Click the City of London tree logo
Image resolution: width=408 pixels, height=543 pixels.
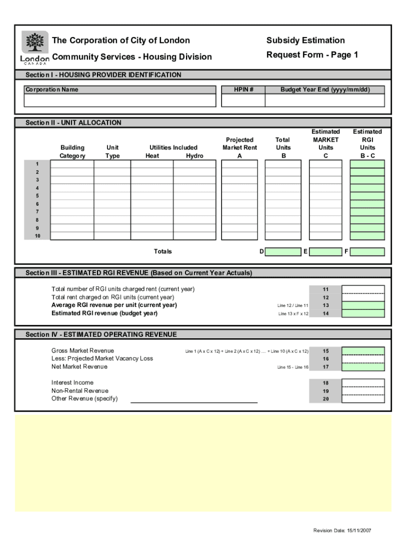pos(35,42)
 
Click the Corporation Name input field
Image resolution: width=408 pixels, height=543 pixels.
pos(120,100)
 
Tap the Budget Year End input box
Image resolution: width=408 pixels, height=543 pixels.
pos(325,100)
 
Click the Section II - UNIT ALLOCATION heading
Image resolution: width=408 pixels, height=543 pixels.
pos(74,122)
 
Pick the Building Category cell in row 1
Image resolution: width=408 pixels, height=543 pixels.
pos(72,164)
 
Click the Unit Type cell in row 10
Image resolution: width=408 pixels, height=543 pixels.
pos(112,236)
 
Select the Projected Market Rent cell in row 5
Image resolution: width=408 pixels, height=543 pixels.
pos(240,196)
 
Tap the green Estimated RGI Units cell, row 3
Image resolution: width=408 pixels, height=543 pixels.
pos(367,180)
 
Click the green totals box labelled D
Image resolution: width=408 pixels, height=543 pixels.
pos(282,252)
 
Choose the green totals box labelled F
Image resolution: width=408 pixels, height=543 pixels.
pos(367,252)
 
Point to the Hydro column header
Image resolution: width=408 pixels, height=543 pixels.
pos(194,156)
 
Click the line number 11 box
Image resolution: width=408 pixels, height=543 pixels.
pos(325,290)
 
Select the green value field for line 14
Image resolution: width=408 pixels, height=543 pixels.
pos(363,313)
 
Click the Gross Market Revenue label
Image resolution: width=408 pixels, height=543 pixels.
pos(83,351)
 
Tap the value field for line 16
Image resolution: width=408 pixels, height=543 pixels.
pos(363,359)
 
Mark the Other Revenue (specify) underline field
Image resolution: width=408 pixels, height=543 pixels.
pos(194,399)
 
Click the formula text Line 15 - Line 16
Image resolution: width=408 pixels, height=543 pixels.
pos(292,367)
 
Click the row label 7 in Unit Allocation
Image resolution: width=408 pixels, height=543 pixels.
pos(37,212)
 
